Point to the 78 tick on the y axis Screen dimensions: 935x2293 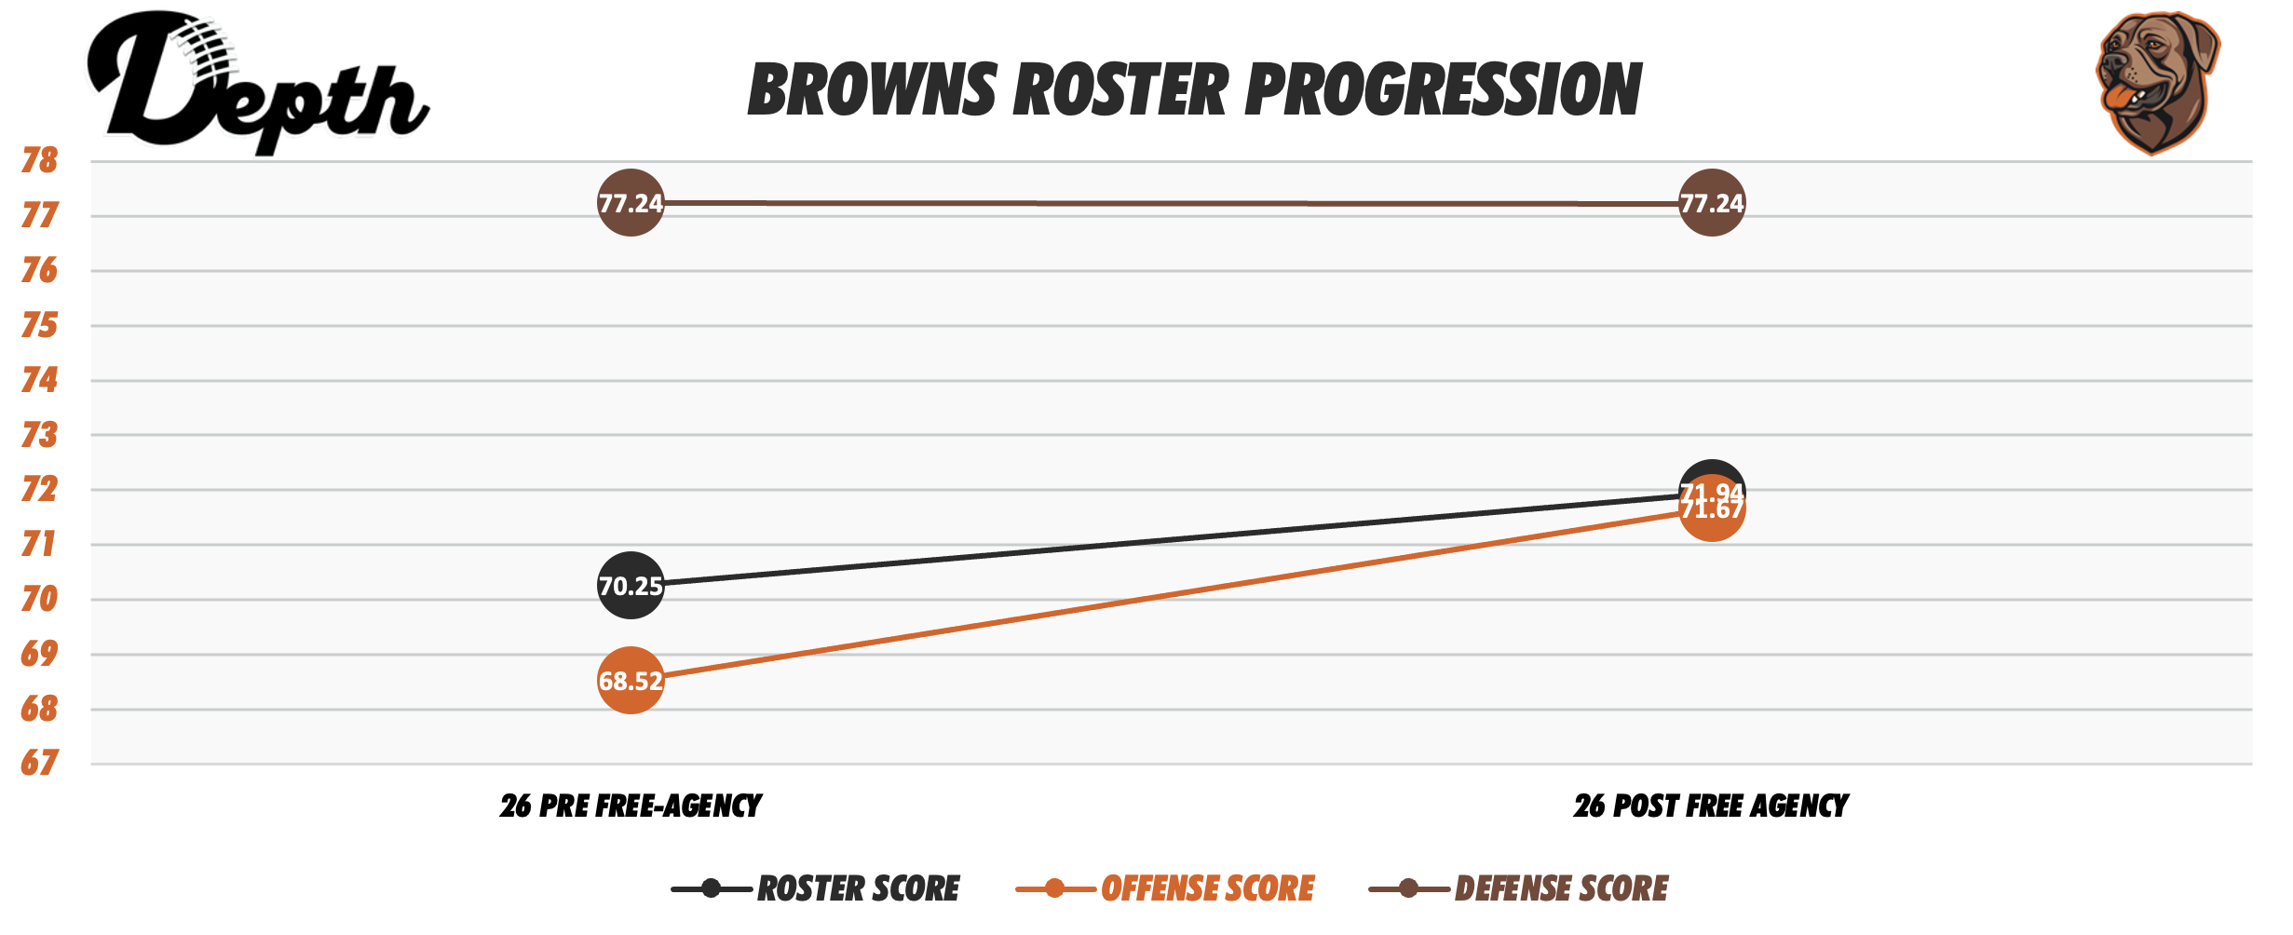point(39,161)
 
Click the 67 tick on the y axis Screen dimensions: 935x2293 point(39,764)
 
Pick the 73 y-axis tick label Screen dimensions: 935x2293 point(39,435)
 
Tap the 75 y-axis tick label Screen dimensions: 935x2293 point(39,326)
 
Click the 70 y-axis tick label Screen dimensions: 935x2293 point(39,599)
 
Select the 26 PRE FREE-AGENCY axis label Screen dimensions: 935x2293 point(631,806)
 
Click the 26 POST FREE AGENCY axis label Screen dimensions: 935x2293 point(1711,806)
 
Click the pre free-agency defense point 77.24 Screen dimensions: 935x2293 point(631,203)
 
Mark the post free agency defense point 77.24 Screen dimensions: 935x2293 point(1711,203)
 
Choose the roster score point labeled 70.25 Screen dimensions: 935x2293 point(631,586)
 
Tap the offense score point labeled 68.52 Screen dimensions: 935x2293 point(631,681)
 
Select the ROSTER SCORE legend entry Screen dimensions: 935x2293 point(816,888)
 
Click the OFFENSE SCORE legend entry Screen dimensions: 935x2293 point(1165,888)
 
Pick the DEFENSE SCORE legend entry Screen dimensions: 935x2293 point(1519,888)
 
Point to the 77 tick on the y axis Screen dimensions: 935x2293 point(39,216)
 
